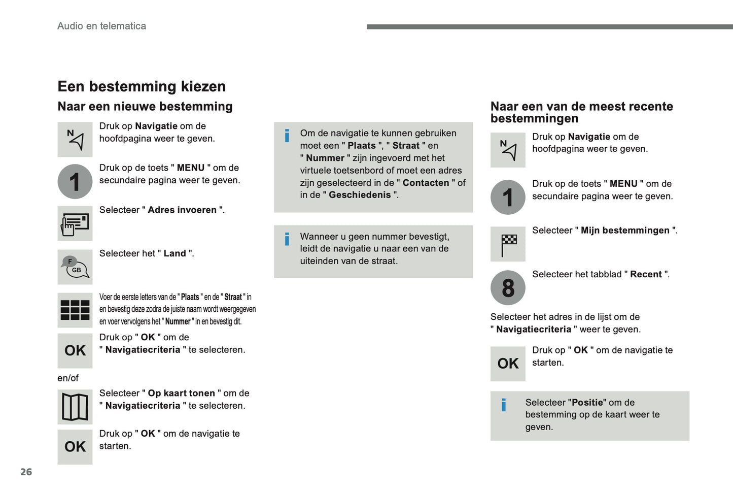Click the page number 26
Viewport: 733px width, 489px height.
tap(26, 472)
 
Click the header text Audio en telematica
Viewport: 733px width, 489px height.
tap(101, 26)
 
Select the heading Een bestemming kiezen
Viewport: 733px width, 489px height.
tap(142, 86)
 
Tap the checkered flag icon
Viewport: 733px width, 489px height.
tap(508, 244)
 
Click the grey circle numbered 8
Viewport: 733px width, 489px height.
tap(508, 288)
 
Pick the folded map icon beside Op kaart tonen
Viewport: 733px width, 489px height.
tap(75, 407)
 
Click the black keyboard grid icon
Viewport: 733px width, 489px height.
tap(75, 310)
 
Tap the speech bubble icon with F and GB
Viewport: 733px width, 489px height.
tap(75, 267)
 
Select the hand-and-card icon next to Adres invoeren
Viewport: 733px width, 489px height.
tap(75, 223)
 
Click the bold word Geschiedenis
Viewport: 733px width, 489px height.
tap(360, 195)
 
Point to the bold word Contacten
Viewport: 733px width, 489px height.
tap(426, 183)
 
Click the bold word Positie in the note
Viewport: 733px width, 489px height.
tap(587, 403)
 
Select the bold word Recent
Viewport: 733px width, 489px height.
tap(646, 274)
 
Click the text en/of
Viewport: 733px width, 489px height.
tap(68, 378)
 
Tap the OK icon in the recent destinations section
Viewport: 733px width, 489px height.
tap(508, 364)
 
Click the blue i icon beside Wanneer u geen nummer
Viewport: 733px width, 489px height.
tap(287, 239)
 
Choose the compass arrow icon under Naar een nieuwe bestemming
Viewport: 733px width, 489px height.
tap(75, 140)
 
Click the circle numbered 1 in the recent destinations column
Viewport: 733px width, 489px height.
tap(508, 198)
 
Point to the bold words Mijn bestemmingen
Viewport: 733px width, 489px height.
tap(625, 231)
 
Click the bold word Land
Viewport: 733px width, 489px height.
tap(174, 253)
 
